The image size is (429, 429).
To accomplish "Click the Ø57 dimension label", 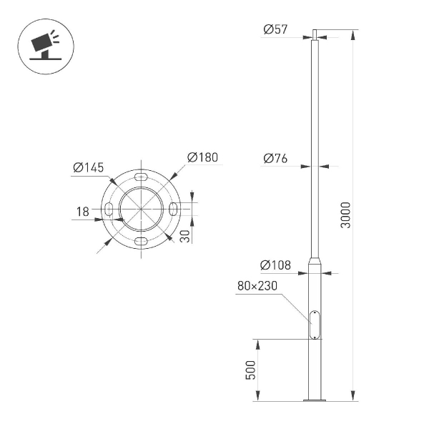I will pyautogui.click(x=275, y=29).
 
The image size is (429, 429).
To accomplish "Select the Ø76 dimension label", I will pyautogui.click(x=275, y=159).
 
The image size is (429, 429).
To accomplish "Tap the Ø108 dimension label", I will pyautogui.click(x=275, y=265).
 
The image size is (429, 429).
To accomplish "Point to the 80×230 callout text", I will pyautogui.click(x=257, y=287).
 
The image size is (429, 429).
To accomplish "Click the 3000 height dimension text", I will pyautogui.click(x=346, y=215).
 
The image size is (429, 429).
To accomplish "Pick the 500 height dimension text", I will pyautogui.click(x=250, y=370).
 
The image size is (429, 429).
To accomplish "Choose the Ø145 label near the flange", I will pyautogui.click(x=89, y=168).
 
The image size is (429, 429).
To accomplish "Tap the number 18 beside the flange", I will pyautogui.click(x=83, y=211).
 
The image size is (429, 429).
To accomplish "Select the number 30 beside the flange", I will pyautogui.click(x=185, y=236).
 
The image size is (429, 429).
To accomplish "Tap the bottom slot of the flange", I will pyautogui.click(x=142, y=240).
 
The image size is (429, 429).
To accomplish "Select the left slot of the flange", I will pyautogui.click(x=109, y=208).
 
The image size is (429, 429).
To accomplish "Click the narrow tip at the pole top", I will pyautogui.click(x=314, y=35).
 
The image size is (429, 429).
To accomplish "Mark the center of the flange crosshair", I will pyautogui.click(x=142, y=208).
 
